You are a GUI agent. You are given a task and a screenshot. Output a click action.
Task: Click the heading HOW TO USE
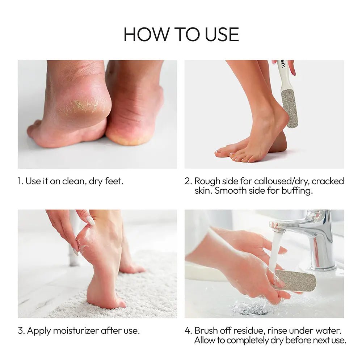(181, 34)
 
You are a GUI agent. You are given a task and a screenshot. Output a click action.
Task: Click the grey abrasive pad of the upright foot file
(290, 109)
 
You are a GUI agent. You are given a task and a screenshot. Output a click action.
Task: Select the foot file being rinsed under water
(295, 281)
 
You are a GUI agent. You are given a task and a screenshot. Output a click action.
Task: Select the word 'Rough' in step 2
(207, 181)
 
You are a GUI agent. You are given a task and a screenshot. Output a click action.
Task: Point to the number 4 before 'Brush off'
(188, 331)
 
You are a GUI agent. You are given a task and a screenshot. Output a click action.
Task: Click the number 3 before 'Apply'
(21, 331)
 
